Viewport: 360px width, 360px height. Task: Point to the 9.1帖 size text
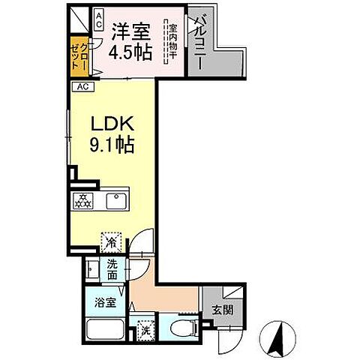pyautogui.click(x=112, y=145)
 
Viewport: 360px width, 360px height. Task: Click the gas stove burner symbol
pyautogui.click(x=81, y=200)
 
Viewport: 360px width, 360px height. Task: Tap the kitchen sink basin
pyautogui.click(x=115, y=200)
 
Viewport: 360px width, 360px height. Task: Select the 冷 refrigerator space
pyautogui.click(x=110, y=241)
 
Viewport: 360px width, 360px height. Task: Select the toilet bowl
pyautogui.click(x=180, y=327)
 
